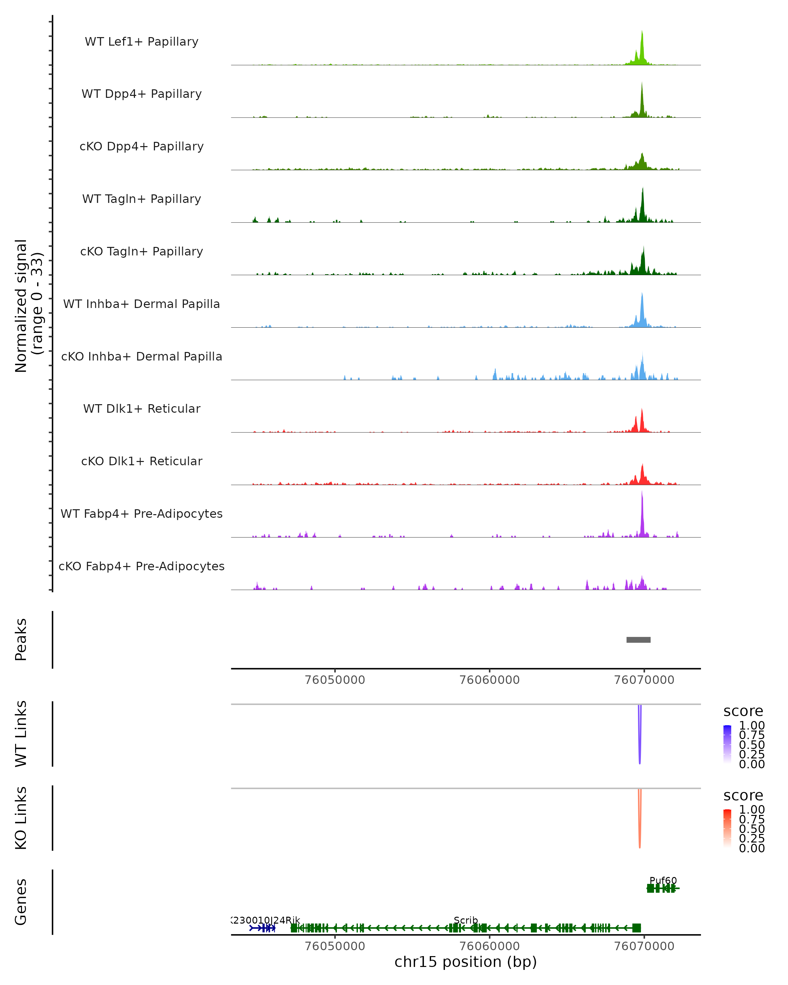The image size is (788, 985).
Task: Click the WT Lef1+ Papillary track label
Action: point(142,42)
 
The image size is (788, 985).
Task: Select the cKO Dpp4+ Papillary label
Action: point(142,146)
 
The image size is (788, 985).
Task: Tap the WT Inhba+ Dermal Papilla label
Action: point(142,304)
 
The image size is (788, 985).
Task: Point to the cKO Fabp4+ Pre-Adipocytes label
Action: point(142,566)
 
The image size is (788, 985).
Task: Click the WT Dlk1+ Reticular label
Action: point(142,408)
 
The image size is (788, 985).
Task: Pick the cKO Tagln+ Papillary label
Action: point(142,251)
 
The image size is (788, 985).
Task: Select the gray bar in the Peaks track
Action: point(638,640)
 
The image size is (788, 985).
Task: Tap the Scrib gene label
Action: point(466,920)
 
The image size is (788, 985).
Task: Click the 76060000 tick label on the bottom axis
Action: point(489,946)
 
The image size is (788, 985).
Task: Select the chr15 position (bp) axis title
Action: point(466,962)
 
